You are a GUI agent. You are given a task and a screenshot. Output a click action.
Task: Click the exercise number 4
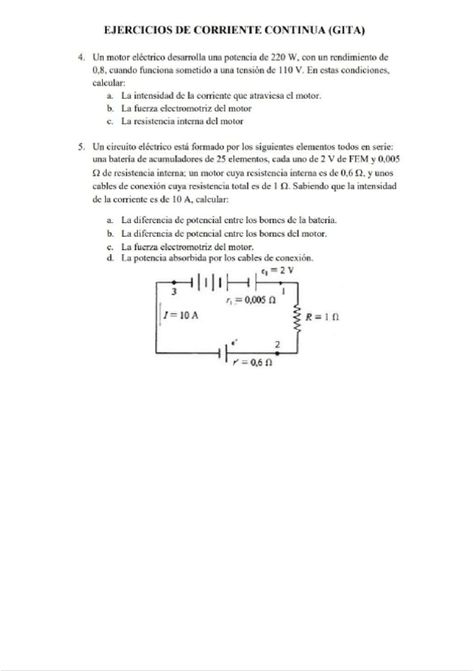point(82,59)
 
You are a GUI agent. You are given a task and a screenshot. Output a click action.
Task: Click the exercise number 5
point(82,147)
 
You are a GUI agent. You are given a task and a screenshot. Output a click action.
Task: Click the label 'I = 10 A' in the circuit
point(180,315)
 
